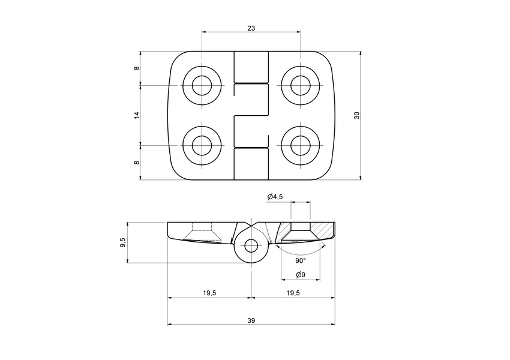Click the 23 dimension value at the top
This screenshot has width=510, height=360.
pyautogui.click(x=251, y=28)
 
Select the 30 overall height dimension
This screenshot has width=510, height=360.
pyautogui.click(x=356, y=115)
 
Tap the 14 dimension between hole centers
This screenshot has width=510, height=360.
pyautogui.click(x=137, y=115)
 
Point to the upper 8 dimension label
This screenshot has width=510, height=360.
pyautogui.click(x=137, y=68)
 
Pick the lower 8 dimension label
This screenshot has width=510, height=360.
pyautogui.click(x=137, y=162)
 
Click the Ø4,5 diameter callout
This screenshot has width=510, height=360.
pyautogui.click(x=274, y=197)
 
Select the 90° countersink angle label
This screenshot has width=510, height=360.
pyautogui.click(x=301, y=261)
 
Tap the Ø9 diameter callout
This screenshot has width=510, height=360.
pyautogui.click(x=301, y=275)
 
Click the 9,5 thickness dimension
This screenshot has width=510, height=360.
pyautogui.click(x=122, y=242)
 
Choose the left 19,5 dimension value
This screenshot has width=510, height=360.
pyautogui.click(x=209, y=293)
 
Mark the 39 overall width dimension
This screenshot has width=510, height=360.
pyautogui.click(x=251, y=320)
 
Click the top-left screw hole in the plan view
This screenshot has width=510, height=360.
pyautogui.click(x=202, y=85)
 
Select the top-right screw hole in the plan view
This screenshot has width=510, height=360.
pyautogui.click(x=300, y=85)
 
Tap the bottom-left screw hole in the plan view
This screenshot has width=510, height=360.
pyautogui.click(x=202, y=145)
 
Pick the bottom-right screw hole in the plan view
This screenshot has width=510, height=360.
pyautogui.click(x=300, y=145)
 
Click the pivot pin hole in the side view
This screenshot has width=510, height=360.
pyautogui.click(x=251, y=245)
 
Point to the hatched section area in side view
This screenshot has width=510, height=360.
pyautogui.click(x=324, y=230)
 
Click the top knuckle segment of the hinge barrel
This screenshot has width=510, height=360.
pyautogui.click(x=251, y=67)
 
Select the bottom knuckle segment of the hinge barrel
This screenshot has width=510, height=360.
pyautogui.click(x=251, y=163)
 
